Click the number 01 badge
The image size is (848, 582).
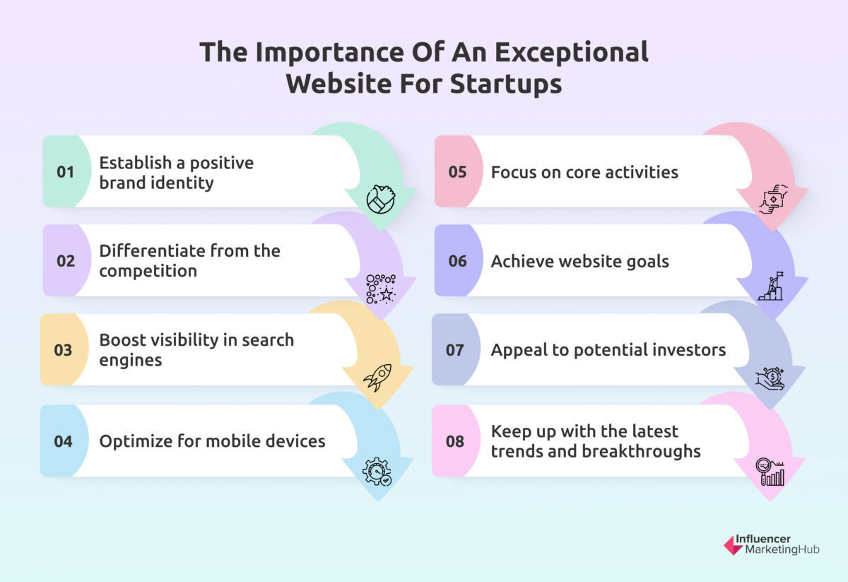point(65,172)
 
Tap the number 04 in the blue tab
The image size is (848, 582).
point(63,441)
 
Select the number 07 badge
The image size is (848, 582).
point(455,350)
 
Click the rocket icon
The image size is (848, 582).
point(377,378)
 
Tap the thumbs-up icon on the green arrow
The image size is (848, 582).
point(380,199)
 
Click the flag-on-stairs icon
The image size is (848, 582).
point(770,287)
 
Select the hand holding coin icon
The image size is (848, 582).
point(770,378)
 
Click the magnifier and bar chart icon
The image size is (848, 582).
point(770,472)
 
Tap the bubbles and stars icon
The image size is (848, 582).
point(380,289)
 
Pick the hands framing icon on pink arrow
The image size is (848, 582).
point(772,199)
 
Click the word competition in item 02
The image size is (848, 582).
point(148,271)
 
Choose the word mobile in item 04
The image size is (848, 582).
point(225,441)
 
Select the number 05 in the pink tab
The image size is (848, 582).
point(457,172)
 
